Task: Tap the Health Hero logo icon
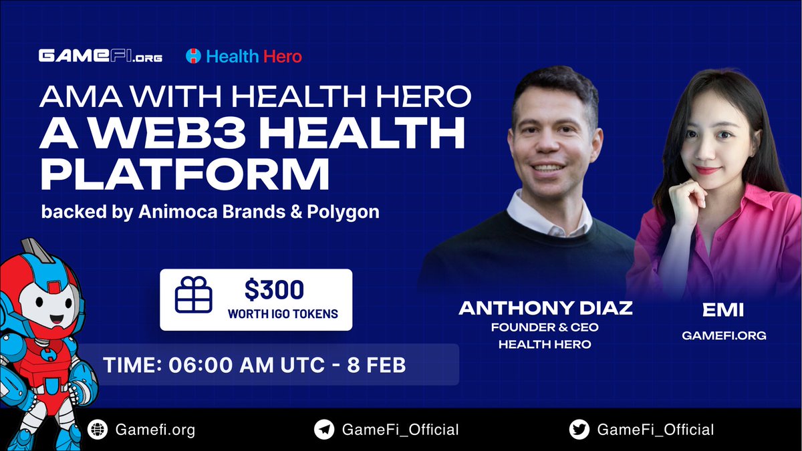194,57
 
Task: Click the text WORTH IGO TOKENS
283,313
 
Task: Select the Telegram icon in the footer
324,429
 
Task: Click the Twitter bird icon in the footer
578,429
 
